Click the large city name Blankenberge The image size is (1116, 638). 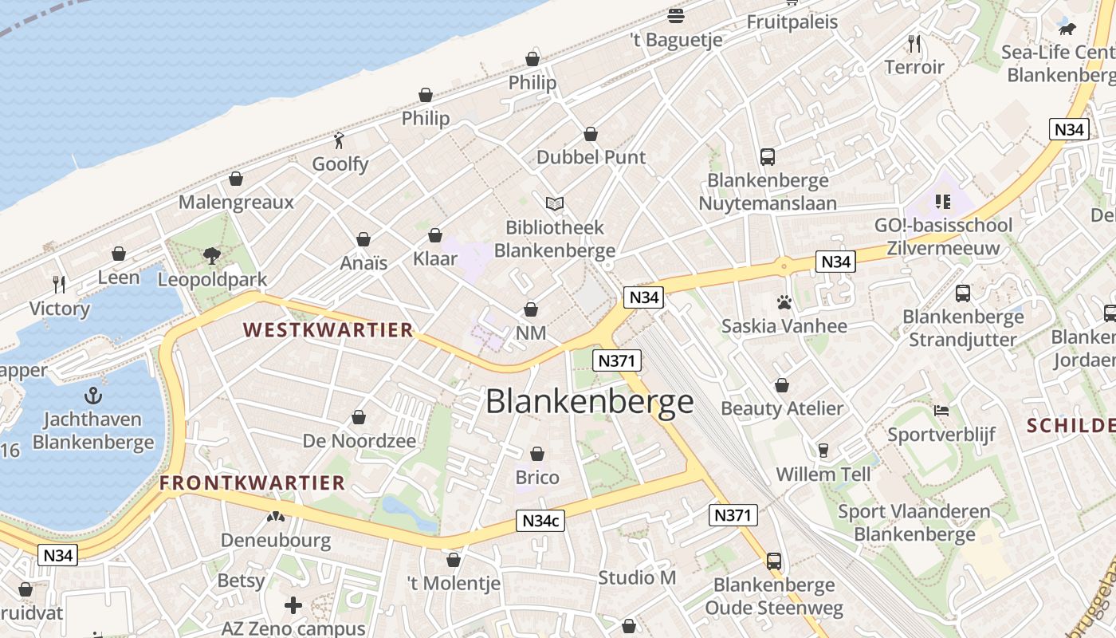590,402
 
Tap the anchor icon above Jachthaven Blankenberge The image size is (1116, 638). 93,395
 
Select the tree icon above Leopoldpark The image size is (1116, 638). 212,255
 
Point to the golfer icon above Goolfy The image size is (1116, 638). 340,140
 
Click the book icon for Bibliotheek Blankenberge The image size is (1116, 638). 554,204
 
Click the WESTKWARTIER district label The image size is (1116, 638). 328,329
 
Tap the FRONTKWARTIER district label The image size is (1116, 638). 252,482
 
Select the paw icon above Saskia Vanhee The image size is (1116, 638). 784,302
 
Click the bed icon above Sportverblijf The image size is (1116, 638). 941,412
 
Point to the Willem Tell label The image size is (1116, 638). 823,475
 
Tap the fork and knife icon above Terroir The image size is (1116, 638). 914,43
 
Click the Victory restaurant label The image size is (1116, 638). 60,309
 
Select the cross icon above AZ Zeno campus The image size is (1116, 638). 293,605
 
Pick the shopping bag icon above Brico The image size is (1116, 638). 537,454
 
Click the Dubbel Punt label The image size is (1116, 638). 591,157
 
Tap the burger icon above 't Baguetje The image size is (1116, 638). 676,15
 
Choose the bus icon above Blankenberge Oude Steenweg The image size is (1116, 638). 773,561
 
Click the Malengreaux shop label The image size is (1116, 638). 236,202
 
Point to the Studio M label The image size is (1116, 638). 637,577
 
